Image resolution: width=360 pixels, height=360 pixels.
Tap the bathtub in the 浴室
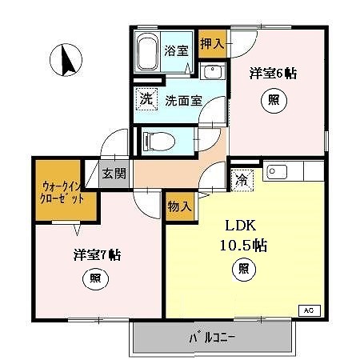pyautogui.click(x=147, y=54)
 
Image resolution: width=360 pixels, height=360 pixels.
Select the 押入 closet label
pyautogui.click(x=210, y=45)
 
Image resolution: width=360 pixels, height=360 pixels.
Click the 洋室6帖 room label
pyautogui.click(x=273, y=74)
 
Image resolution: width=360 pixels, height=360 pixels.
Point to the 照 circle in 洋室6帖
pyautogui.click(x=273, y=102)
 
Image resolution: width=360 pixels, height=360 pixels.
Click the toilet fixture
pyautogui.click(x=159, y=142)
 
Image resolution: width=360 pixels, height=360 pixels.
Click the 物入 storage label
pyautogui.click(x=180, y=206)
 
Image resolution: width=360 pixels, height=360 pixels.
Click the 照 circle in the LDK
pyautogui.click(x=241, y=270)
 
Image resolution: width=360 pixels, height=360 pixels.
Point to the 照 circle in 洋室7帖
pyautogui.click(x=94, y=279)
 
